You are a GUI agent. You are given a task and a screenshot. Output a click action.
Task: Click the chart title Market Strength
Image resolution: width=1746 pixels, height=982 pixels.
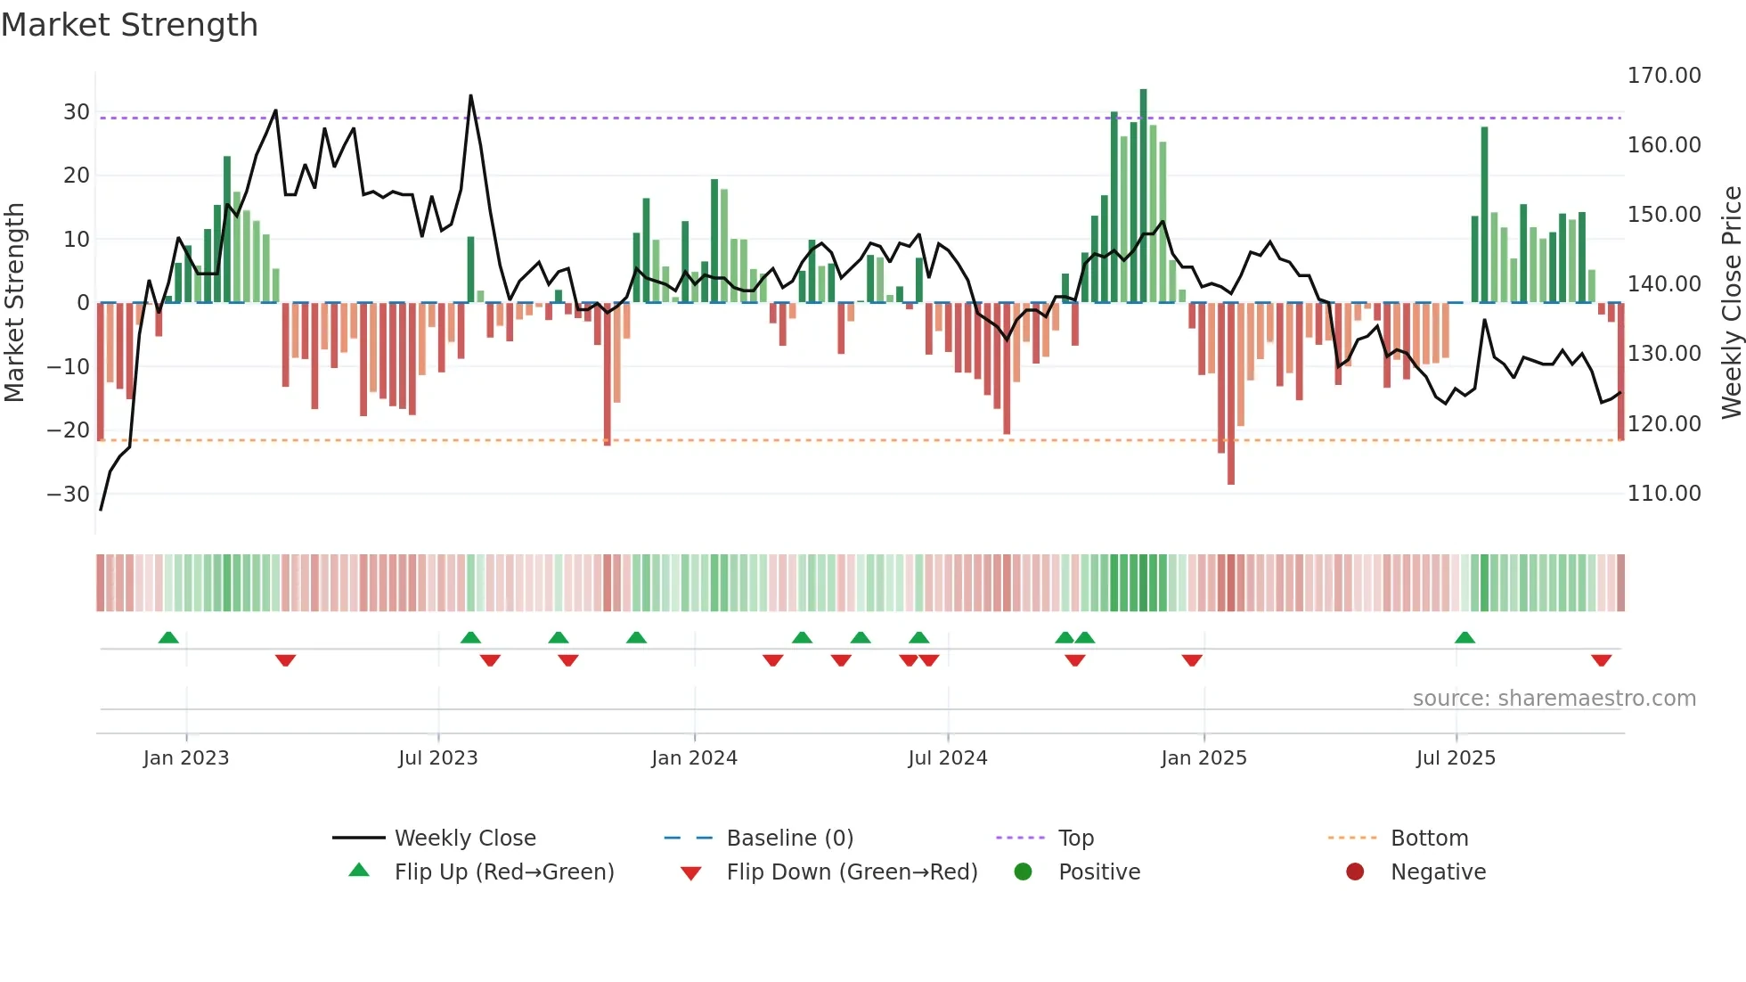129,25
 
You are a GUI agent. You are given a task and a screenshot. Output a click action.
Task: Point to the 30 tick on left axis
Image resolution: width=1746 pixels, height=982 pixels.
77,112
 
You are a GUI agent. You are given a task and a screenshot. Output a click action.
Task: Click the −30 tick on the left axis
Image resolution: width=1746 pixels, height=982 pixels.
69,494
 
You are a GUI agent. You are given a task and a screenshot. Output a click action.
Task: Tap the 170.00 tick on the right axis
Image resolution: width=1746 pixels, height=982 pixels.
1663,76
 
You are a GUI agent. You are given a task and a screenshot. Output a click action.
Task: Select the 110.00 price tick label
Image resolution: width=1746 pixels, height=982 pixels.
1663,494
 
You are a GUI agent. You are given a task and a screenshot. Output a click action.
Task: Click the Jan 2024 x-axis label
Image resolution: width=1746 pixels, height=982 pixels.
694,758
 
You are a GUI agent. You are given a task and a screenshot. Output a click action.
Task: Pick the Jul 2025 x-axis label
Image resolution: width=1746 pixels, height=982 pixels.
1456,758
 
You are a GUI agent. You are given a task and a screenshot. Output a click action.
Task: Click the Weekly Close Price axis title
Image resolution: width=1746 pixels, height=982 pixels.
1731,303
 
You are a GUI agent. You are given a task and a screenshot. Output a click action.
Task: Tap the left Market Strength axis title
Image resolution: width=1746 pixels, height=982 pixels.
15,303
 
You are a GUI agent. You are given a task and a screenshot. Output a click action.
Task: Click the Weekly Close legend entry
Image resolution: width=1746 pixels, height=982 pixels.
464,839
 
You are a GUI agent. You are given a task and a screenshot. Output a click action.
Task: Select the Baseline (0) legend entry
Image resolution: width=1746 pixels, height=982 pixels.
789,839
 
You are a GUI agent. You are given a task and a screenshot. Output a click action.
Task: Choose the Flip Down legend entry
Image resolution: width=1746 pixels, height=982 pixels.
851,872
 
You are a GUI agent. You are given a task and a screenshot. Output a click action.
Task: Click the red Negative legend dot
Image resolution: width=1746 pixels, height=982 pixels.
1355,872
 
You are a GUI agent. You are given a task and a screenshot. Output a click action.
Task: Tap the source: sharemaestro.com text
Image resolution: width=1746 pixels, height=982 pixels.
1554,699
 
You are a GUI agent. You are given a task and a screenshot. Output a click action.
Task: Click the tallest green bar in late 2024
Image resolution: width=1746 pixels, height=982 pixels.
1143,196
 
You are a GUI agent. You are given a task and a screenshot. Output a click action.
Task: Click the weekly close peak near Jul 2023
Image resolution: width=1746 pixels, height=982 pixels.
470,96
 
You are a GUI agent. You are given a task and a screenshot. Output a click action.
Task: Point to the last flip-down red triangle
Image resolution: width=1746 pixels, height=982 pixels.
1601,660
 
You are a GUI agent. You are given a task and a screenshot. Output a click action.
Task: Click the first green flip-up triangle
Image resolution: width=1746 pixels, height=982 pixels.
168,637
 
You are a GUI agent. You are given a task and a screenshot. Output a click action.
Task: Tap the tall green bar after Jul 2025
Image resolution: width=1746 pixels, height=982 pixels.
1484,214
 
